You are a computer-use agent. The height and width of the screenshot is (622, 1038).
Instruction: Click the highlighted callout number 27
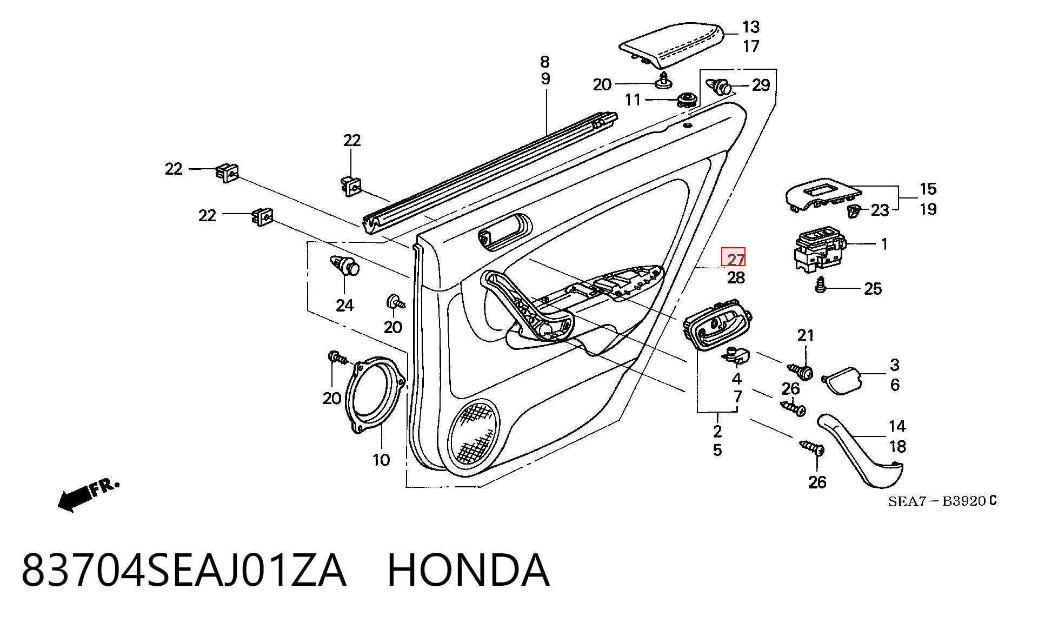735,259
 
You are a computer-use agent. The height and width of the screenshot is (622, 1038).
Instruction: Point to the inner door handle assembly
718,325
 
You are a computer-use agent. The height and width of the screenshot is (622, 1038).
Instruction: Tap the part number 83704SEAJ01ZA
183,570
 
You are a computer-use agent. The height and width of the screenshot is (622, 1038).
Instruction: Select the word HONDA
468,570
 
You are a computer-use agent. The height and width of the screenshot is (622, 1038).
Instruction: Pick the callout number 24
345,306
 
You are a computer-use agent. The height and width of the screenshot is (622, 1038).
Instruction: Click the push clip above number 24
345,265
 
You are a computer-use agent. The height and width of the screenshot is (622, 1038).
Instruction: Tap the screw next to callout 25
821,285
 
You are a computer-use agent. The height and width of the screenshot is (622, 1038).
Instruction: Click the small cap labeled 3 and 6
841,380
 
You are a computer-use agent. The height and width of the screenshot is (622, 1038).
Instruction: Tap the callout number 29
761,85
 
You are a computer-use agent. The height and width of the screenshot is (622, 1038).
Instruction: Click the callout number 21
806,335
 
